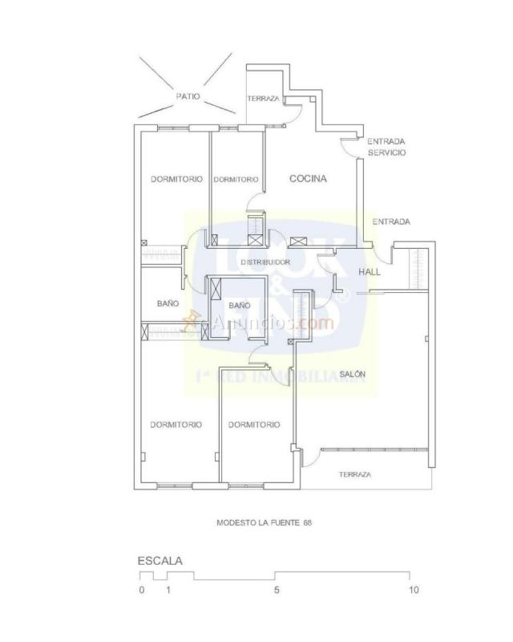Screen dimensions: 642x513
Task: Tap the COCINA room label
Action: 308,179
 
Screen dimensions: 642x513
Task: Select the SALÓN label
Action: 353,375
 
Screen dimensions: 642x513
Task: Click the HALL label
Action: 370,272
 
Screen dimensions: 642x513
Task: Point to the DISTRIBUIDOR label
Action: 265,262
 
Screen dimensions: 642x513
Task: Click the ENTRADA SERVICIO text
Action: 386,146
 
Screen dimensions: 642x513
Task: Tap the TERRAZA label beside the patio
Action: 263,99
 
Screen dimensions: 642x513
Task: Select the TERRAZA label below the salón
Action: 354,474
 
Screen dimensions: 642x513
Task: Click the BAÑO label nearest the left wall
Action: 168,303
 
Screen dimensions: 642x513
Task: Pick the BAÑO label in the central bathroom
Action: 240,306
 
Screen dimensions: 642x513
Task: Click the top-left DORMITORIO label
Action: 176,179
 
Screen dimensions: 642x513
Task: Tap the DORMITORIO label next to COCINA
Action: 236,180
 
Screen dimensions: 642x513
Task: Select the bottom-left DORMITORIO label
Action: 176,425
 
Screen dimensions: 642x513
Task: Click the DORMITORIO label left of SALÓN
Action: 254,425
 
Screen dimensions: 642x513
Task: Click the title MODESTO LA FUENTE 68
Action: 264,522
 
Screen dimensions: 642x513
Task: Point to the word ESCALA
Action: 160,561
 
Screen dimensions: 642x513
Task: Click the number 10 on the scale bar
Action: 413,590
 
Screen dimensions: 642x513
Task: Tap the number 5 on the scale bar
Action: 277,590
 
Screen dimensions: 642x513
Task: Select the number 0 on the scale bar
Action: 141,590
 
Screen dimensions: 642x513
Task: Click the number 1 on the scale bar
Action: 168,590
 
